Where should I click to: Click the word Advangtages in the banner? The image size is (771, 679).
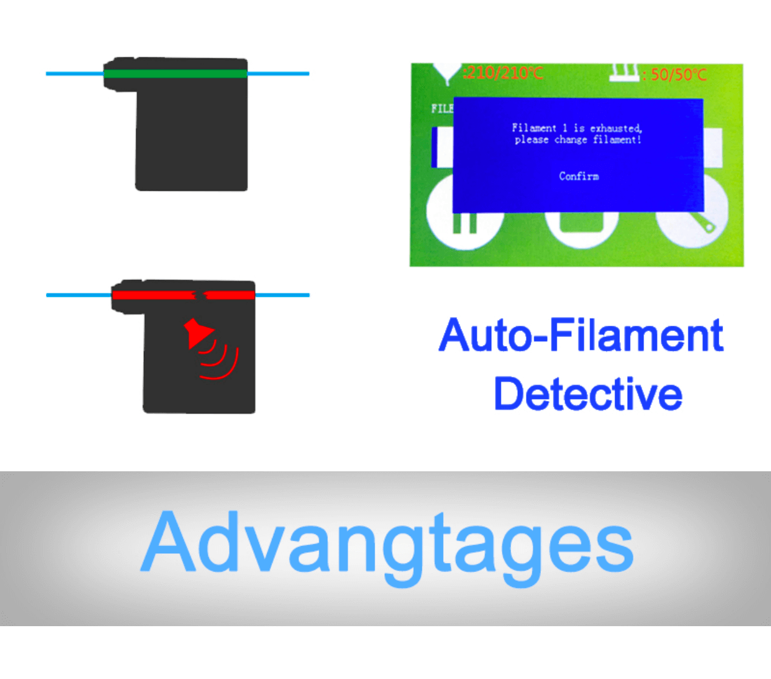click(387, 542)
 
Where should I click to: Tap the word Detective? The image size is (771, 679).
click(588, 394)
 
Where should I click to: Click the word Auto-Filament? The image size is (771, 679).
click(581, 335)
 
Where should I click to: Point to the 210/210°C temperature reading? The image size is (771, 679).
click(503, 73)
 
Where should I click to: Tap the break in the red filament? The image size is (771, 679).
click(199, 295)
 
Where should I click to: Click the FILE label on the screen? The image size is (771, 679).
click(442, 108)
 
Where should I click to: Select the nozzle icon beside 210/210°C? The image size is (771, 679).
click(446, 73)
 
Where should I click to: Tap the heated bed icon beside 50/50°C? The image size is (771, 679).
click(624, 72)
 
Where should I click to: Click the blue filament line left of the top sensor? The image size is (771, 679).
click(75, 73)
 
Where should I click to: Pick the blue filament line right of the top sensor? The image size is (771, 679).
click(278, 73)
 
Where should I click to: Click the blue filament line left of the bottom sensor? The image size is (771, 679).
click(79, 295)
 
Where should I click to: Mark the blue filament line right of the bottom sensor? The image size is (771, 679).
click(282, 295)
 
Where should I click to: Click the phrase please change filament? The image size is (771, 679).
click(577, 140)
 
